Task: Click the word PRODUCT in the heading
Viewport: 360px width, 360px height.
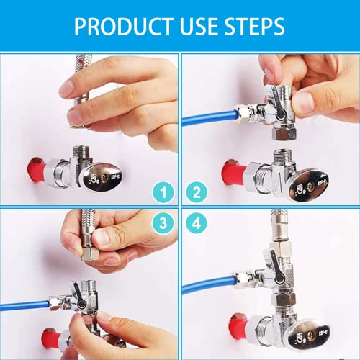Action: click(x=124, y=27)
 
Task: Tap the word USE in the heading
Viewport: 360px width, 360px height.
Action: click(x=199, y=27)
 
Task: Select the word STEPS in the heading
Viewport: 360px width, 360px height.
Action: click(x=255, y=27)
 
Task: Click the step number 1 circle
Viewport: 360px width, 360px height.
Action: click(x=163, y=192)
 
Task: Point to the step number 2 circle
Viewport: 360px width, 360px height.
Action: click(x=197, y=192)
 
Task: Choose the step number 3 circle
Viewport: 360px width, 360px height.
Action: click(x=163, y=224)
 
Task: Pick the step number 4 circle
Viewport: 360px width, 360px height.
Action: click(x=197, y=224)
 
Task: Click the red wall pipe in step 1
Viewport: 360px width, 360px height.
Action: click(x=37, y=169)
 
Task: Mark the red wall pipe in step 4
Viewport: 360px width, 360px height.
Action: click(x=240, y=325)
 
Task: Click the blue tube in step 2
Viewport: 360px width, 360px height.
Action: click(x=210, y=117)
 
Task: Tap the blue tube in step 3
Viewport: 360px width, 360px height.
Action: click(x=24, y=305)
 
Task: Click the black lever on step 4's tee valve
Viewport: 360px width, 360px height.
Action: click(x=276, y=267)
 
